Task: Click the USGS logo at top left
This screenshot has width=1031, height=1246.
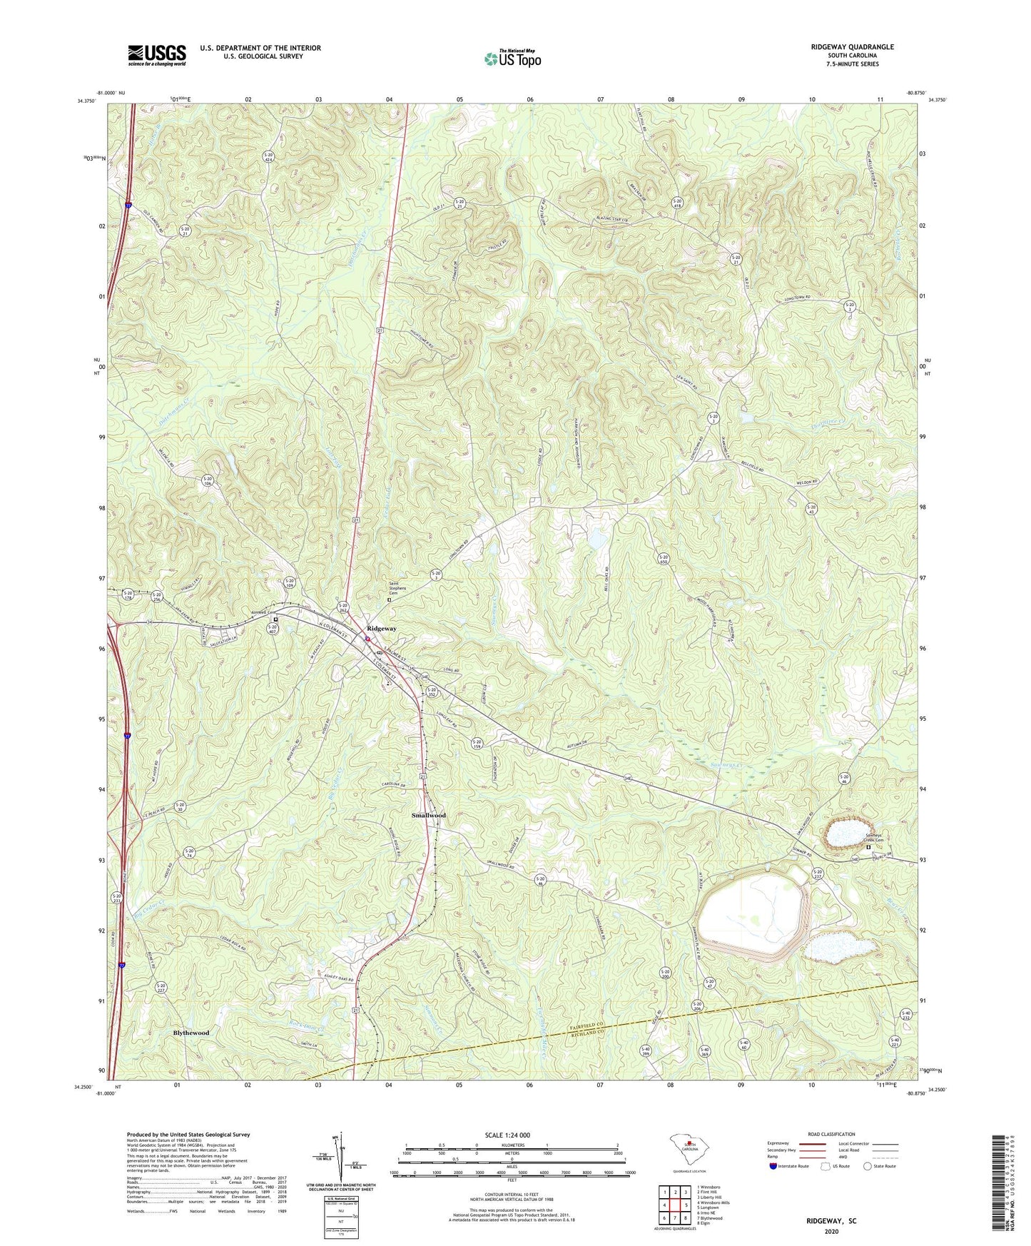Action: tap(157, 55)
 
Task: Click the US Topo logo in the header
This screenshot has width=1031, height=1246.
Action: tap(512, 58)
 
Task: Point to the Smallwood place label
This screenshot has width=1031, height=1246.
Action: tap(428, 815)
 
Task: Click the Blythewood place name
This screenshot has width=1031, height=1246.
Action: tap(191, 1033)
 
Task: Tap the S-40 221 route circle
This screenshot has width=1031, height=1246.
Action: tap(894, 1043)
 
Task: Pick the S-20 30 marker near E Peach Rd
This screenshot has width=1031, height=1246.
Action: tap(180, 806)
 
